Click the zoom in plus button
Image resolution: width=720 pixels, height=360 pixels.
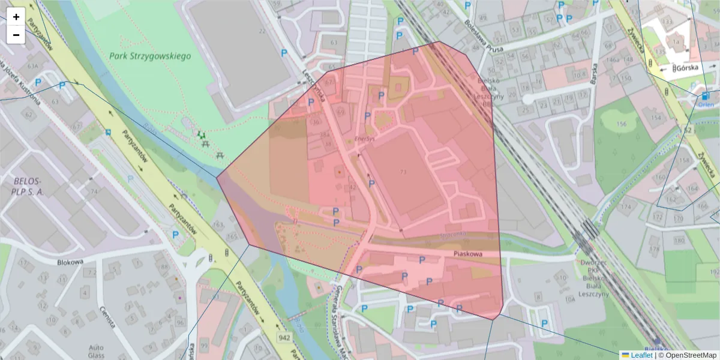[x=16, y=17]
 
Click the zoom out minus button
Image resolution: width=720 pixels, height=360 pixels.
[x=16, y=35]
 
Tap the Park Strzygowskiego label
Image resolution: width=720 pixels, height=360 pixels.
[x=150, y=56]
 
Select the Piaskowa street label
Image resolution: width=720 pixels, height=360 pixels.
[x=468, y=254]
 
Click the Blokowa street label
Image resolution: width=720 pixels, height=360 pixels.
[x=69, y=262]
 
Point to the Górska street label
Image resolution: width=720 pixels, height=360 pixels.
[x=685, y=68]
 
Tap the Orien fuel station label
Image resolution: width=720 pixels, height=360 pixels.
[x=704, y=104]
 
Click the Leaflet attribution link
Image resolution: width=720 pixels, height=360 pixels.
[x=641, y=355]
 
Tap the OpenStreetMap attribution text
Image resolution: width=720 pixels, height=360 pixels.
[x=690, y=355]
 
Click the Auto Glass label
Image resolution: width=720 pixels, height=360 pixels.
[x=96, y=351]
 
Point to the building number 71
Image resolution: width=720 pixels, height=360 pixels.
[x=402, y=172]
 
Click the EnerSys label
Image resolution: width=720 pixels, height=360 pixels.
[x=364, y=138]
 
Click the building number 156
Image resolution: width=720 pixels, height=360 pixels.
[x=621, y=124]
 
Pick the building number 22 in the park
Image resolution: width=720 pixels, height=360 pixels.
[x=262, y=31]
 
